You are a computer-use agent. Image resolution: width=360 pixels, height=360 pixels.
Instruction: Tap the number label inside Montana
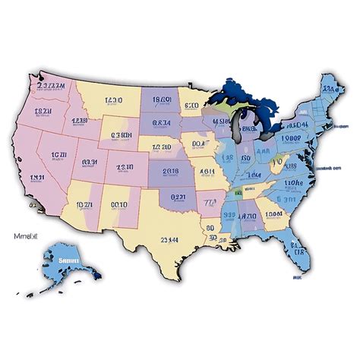pyautogui.click(x=114, y=100)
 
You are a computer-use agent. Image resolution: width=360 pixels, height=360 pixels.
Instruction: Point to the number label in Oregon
pyautogui.click(x=41, y=112)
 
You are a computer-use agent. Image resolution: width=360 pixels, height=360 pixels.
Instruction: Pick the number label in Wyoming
pyautogui.click(x=121, y=136)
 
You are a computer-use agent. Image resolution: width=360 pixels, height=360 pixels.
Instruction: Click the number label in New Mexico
pyautogui.click(x=118, y=204)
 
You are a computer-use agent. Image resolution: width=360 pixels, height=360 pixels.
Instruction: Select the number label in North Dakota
pyautogui.click(x=162, y=99)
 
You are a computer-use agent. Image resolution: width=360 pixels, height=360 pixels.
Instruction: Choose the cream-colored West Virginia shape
pyautogui.click(x=281, y=161)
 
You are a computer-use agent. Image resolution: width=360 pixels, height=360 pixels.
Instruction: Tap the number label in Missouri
pyautogui.click(x=206, y=173)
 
